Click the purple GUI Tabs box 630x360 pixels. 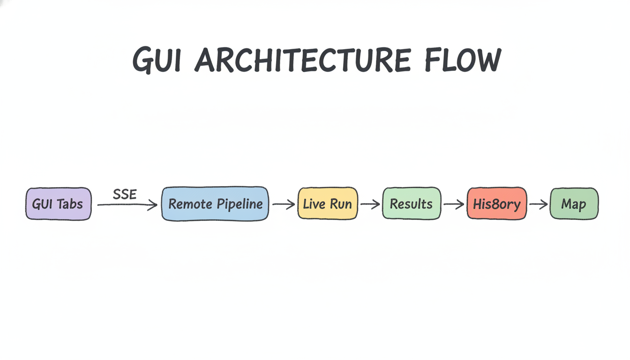point(59,204)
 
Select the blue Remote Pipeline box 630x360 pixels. point(215,204)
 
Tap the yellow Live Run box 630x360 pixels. point(328,204)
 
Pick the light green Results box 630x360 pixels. point(412,204)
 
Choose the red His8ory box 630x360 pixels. point(497,204)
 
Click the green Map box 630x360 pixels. point(574,204)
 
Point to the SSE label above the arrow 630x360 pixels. point(125,194)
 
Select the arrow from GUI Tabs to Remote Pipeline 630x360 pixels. point(127,205)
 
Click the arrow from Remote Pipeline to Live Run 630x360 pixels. point(284,204)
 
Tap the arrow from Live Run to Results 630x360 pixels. point(370,204)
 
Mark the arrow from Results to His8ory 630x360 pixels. point(454,204)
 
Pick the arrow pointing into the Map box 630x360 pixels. point(539,204)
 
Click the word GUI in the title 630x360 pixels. point(157,60)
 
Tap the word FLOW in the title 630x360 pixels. point(462,60)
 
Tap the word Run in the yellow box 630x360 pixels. point(341,204)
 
